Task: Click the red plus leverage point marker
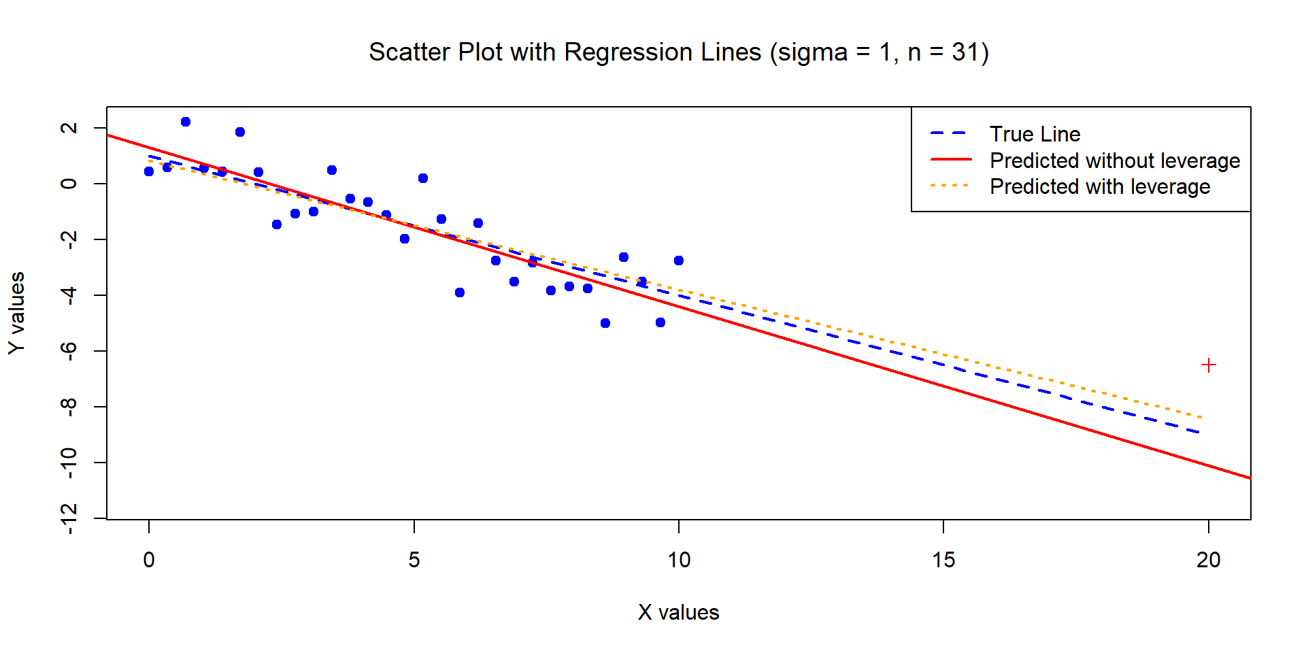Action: [1208, 365]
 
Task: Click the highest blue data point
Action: [186, 122]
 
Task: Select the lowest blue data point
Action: [605, 323]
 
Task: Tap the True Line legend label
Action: [1035, 134]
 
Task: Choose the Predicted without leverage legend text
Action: [1114, 161]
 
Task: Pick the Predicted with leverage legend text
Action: [1099, 186]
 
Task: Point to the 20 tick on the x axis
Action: [1208, 560]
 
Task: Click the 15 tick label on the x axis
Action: [943, 560]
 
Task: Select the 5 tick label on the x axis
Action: [414, 560]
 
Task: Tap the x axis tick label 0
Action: [149, 560]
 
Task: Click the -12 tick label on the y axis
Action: [69, 518]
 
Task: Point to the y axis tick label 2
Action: [69, 128]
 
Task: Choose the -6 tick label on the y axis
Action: [69, 350]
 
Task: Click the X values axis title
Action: [678, 612]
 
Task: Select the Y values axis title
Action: [17, 313]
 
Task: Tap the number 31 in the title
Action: [965, 52]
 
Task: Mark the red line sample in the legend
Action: [950, 160]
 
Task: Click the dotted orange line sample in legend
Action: [950, 186]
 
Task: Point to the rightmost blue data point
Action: [679, 261]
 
